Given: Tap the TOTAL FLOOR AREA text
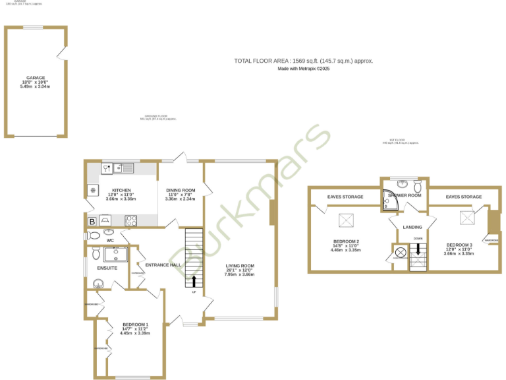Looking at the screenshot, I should pyautogui.click(x=304, y=61).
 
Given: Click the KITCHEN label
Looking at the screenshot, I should pyautogui.click(x=121, y=191).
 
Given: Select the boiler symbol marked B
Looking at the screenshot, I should pyautogui.click(x=92, y=222).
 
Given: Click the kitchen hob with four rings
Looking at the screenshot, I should pyautogui.click(x=130, y=221).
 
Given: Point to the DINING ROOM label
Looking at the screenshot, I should pyautogui.click(x=180, y=190).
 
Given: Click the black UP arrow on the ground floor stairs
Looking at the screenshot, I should pyautogui.click(x=194, y=281).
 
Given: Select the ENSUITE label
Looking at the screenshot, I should pyautogui.click(x=107, y=269).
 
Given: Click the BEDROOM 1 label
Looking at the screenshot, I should pyautogui.click(x=135, y=325).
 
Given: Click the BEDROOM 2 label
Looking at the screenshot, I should pyautogui.click(x=346, y=241).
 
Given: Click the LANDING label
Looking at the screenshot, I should pyautogui.click(x=412, y=227).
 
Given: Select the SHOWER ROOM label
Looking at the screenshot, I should pyautogui.click(x=405, y=196).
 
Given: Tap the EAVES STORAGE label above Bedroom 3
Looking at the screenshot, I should pyautogui.click(x=464, y=197).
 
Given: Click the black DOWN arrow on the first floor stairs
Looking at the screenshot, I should pyautogui.click(x=418, y=249).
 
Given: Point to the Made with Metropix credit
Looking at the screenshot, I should pyautogui.click(x=304, y=69).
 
